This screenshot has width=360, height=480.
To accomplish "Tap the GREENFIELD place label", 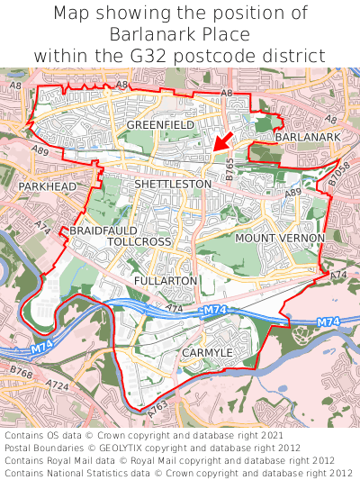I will pos(160,124).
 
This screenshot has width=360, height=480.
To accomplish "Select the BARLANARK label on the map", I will pos(308,136).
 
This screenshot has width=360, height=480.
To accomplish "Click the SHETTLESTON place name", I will pos(173,184).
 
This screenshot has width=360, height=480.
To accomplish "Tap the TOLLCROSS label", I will pos(139,243).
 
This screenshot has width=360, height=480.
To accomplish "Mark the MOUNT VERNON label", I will pos(280,238).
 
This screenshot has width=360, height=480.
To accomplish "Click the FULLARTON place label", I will pos(165,281).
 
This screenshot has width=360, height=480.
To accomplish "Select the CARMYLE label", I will pos(207,351).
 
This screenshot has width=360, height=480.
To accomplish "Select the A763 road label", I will pos(158,407).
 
